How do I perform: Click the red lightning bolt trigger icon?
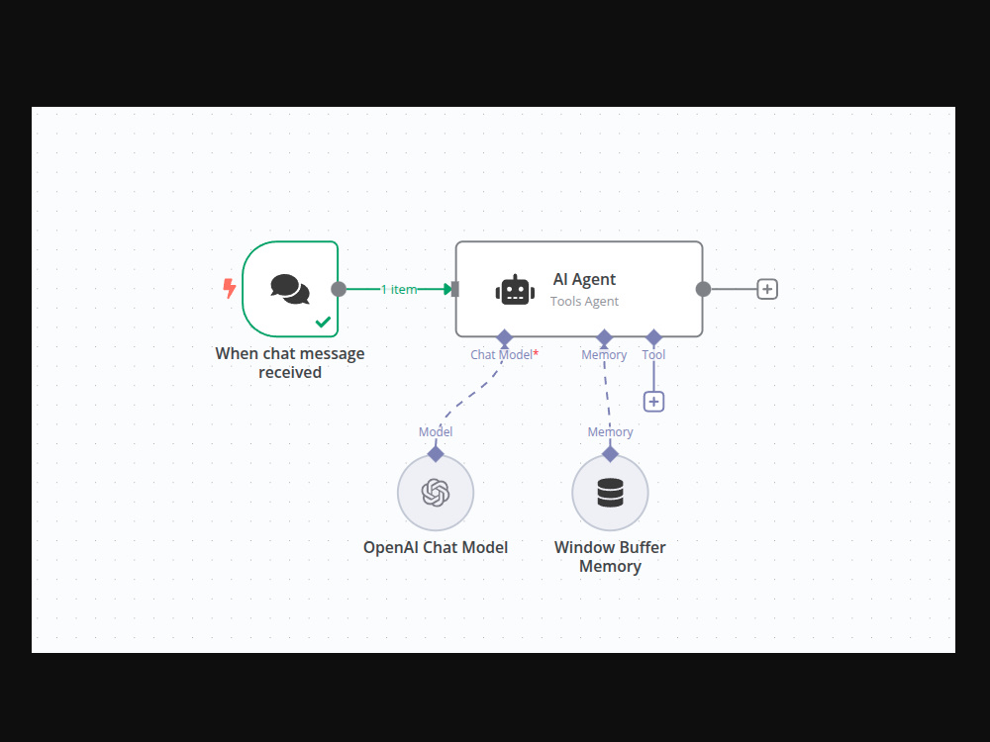coord(230,288)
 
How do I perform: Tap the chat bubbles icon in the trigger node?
coord(290,289)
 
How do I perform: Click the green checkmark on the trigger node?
coord(323,322)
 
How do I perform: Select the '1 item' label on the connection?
coord(399,289)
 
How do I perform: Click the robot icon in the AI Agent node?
coord(515,290)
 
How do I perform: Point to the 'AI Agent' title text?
coord(584,279)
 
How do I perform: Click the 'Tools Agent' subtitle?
coord(584,301)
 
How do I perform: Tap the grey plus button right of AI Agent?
coord(767,289)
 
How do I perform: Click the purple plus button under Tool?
coord(653,402)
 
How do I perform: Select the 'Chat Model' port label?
coord(501,354)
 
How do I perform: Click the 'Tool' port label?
coord(653,354)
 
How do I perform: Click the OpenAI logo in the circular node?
coord(436,493)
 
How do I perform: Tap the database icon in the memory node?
coord(610,493)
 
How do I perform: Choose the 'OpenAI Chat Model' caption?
coord(436,547)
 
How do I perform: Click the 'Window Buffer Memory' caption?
coord(610,556)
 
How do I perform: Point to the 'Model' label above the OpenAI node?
coord(436,431)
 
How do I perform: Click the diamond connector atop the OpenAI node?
coord(436,454)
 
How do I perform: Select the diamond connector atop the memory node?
coord(610,454)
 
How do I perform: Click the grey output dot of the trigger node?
coord(339,289)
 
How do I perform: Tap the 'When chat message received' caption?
coord(290,363)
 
